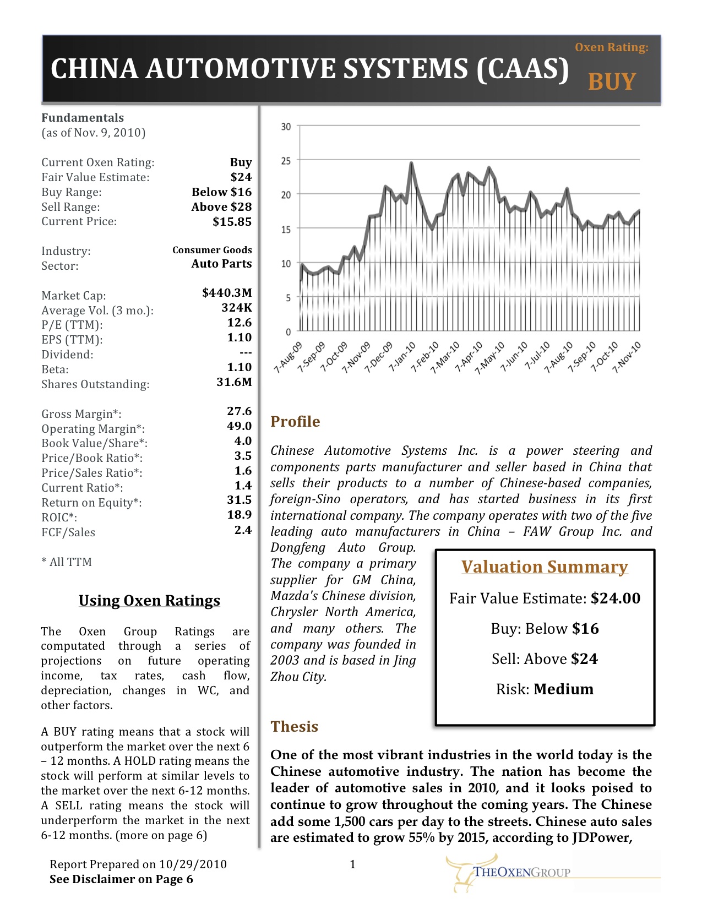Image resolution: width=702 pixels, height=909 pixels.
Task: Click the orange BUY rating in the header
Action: point(612,81)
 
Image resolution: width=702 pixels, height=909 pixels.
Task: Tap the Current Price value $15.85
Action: point(232,221)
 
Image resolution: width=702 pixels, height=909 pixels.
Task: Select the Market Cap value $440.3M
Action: point(227,292)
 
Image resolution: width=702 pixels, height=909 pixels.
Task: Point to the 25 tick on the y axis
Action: point(286,161)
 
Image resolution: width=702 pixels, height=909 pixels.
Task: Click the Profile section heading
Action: point(295,422)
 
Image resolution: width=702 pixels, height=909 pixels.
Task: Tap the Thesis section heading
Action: point(294,727)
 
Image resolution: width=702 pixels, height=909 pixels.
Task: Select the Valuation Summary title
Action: point(545,567)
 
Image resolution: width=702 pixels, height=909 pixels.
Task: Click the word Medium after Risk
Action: point(564,689)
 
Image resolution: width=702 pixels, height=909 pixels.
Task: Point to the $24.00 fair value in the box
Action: point(616,598)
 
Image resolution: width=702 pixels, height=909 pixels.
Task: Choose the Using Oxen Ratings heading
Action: point(149,601)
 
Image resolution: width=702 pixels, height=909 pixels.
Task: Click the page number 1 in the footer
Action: point(353,864)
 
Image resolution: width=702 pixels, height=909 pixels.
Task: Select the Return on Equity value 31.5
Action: point(240,500)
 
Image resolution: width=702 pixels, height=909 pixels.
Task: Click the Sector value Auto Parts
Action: point(221,264)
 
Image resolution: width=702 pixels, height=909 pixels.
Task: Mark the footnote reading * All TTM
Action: point(67,562)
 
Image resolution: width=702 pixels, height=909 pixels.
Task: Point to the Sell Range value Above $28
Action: point(221,207)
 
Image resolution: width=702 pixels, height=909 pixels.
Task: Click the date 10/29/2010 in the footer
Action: point(193,864)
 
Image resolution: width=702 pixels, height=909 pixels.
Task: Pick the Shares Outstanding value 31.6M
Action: point(234,382)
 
